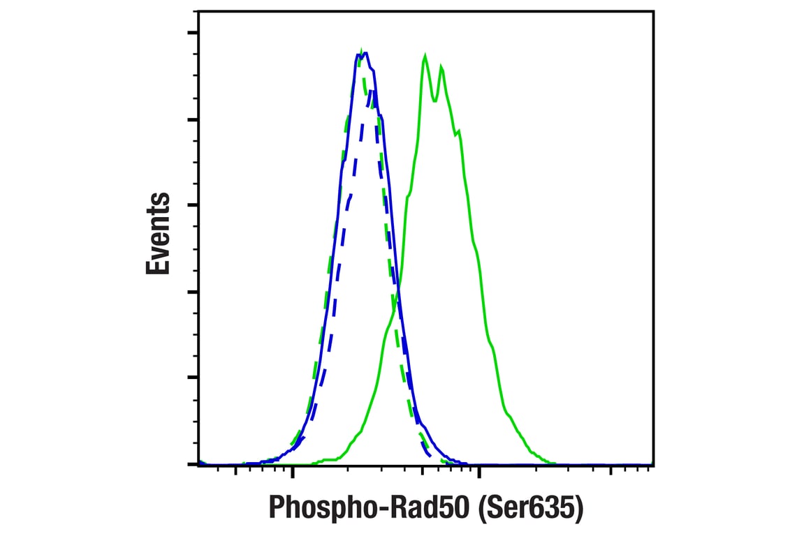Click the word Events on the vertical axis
pyautogui.click(x=159, y=233)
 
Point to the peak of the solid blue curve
pyautogui.click(x=365, y=53)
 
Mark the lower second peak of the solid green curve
pyautogui.click(x=441, y=66)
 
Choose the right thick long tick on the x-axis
pyautogui.click(x=478, y=472)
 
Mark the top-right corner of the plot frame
pyautogui.click(x=653, y=12)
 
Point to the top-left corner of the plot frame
pyautogui.click(x=199, y=12)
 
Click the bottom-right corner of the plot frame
pyautogui.click(x=653, y=464)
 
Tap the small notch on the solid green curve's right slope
pyautogui.click(x=458, y=132)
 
